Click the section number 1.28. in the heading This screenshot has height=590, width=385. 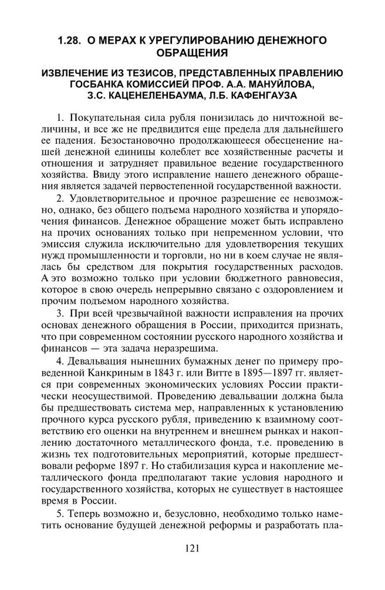click(x=70, y=42)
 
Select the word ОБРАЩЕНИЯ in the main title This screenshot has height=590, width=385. click(x=191, y=54)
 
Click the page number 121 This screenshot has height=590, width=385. click(x=192, y=549)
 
